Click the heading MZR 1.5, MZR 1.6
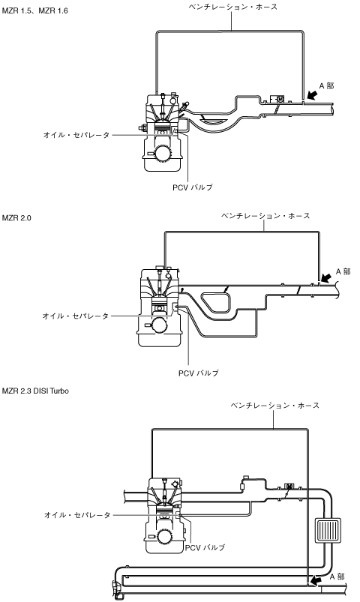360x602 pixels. click(x=34, y=10)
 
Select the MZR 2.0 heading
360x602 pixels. click(x=16, y=217)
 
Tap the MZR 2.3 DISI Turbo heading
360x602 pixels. click(x=35, y=391)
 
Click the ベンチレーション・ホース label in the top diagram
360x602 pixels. click(x=232, y=7)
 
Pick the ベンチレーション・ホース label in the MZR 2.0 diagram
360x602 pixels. click(x=265, y=215)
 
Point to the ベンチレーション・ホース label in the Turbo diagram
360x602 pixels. click(x=274, y=405)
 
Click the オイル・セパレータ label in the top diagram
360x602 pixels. click(x=76, y=135)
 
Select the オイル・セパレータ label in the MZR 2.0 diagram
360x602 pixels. click(x=75, y=316)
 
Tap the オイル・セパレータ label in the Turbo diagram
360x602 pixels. click(x=77, y=515)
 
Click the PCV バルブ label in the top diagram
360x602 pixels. click(x=193, y=187)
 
